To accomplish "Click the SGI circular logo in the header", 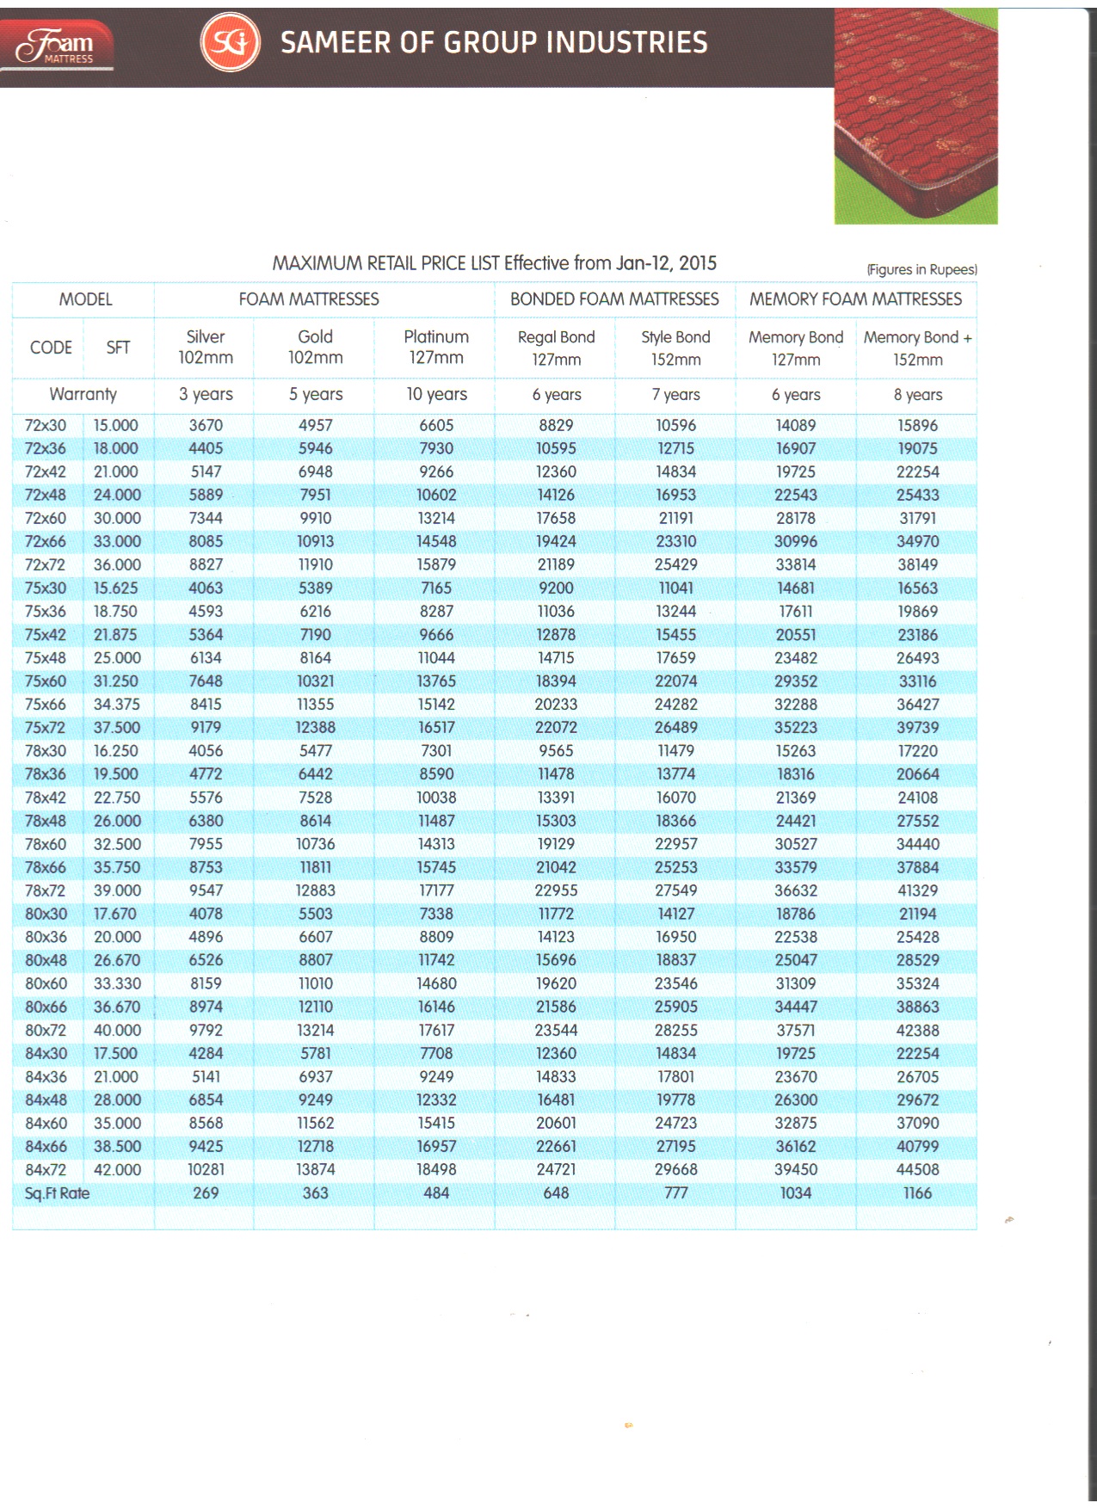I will pyautogui.click(x=230, y=43).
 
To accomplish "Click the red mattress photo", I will pyautogui.click(x=915, y=116).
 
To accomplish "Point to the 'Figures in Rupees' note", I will pyautogui.click(x=921, y=269).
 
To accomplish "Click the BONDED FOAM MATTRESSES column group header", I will pyautogui.click(x=614, y=299).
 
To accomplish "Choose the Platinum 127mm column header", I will pyautogui.click(x=436, y=347).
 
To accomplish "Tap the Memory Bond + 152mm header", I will pyautogui.click(x=917, y=348).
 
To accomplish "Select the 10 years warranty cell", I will pyautogui.click(x=436, y=394).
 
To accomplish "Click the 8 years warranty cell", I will pyautogui.click(x=917, y=395).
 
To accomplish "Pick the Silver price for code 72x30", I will pyautogui.click(x=206, y=425).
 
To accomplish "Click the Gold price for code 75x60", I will pyautogui.click(x=315, y=681).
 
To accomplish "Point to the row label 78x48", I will pyautogui.click(x=46, y=821).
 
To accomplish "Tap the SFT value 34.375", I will pyautogui.click(x=116, y=705).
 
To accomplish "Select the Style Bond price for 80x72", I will pyautogui.click(x=675, y=1031).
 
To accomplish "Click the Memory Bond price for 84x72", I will pyautogui.click(x=796, y=1170).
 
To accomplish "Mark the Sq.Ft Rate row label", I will pyautogui.click(x=57, y=1193).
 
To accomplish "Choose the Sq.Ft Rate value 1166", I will pyautogui.click(x=917, y=1193).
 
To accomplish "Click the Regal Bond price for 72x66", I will pyautogui.click(x=556, y=542).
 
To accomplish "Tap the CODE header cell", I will pyautogui.click(x=51, y=348).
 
